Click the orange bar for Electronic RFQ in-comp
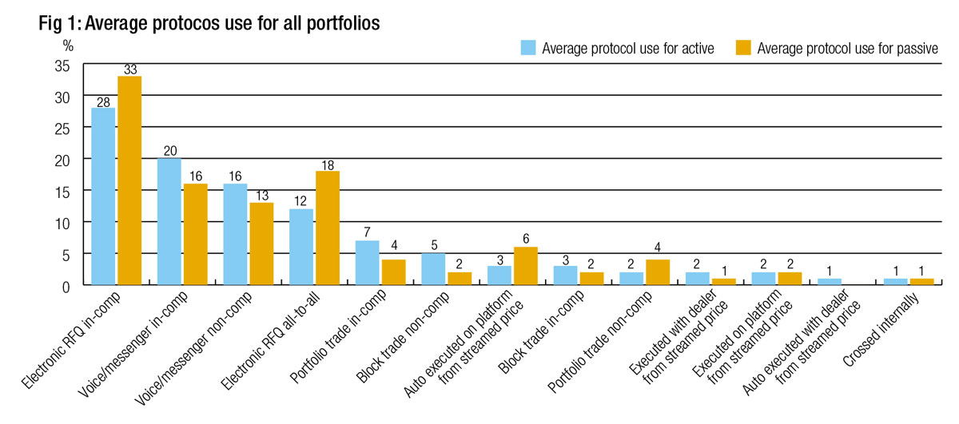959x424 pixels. click(x=129, y=180)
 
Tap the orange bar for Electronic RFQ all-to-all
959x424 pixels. click(x=327, y=228)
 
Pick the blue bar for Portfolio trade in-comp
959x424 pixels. click(x=367, y=263)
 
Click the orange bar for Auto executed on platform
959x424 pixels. click(x=525, y=266)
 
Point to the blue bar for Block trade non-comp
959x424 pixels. click(x=433, y=269)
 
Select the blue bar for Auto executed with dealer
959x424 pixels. click(x=830, y=282)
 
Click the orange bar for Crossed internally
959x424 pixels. click(x=921, y=282)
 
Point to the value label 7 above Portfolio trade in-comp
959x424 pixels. click(x=367, y=232)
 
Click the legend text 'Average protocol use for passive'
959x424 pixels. click(x=847, y=49)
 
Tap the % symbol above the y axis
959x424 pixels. click(x=68, y=46)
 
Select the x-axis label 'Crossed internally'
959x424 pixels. click(x=884, y=327)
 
